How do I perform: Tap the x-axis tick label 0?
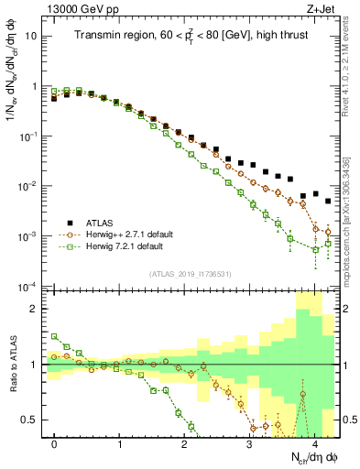[55, 443]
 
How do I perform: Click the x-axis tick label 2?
[185, 443]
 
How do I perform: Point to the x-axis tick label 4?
[315, 443]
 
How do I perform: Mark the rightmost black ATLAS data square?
[328, 201]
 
